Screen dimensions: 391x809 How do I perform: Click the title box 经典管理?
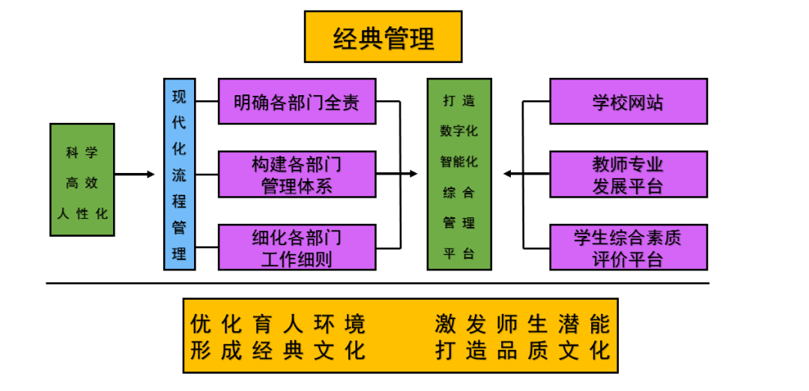click(383, 37)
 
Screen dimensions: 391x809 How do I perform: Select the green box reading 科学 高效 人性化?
click(82, 180)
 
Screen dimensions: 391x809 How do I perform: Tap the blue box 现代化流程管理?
click(180, 174)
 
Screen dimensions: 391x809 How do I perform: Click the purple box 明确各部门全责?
click(297, 101)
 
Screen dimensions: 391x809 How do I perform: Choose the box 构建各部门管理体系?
click(297, 174)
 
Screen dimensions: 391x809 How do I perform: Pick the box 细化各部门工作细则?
click(297, 247)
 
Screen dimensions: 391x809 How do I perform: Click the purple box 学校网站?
click(628, 101)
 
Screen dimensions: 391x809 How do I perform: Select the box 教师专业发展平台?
click(628, 174)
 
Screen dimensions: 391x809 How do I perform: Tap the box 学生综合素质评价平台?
click(628, 247)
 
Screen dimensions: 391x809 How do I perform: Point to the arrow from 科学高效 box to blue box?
click(135, 175)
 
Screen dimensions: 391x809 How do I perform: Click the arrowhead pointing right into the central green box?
click(412, 174)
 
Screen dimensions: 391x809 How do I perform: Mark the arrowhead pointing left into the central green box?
click(509, 174)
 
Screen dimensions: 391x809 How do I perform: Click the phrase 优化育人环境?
click(278, 324)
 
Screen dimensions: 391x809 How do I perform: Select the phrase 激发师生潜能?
click(522, 324)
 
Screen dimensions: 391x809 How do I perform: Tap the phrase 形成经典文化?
click(278, 350)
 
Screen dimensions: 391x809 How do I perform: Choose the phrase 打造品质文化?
click(522, 350)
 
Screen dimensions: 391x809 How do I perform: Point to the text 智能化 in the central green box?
click(459, 161)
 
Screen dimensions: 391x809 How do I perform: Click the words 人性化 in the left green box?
click(82, 213)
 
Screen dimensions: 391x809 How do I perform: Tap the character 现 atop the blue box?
click(180, 97)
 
